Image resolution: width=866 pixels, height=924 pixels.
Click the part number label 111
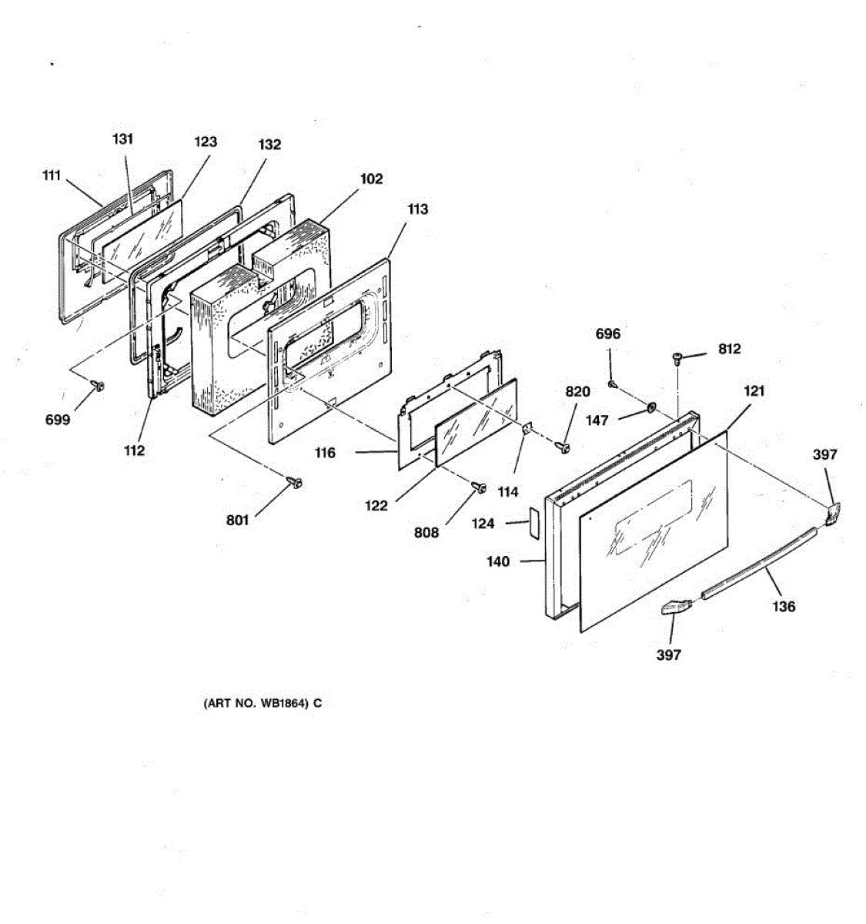point(52,176)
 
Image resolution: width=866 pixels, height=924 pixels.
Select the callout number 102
point(371,179)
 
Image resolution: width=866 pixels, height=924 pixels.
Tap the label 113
point(417,209)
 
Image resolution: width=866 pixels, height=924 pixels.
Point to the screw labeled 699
point(99,385)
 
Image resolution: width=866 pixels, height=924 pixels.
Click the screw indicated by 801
point(295,482)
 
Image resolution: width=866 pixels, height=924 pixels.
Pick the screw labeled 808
point(479,487)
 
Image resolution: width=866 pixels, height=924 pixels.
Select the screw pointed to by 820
point(563,447)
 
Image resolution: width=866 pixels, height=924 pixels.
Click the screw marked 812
point(677,358)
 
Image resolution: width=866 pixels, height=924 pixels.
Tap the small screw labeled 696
point(613,383)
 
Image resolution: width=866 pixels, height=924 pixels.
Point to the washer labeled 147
point(650,409)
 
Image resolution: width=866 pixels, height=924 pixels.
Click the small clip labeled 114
point(527,429)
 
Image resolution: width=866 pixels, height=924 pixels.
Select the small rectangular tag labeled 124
point(533,524)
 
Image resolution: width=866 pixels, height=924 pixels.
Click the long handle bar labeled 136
point(759,564)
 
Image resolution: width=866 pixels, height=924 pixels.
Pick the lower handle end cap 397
point(674,607)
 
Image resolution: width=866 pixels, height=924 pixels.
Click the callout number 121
point(754,391)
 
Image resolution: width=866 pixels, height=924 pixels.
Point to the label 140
point(498,561)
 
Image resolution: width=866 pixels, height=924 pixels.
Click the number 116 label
point(325,452)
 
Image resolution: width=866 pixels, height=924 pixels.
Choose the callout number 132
point(269,144)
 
